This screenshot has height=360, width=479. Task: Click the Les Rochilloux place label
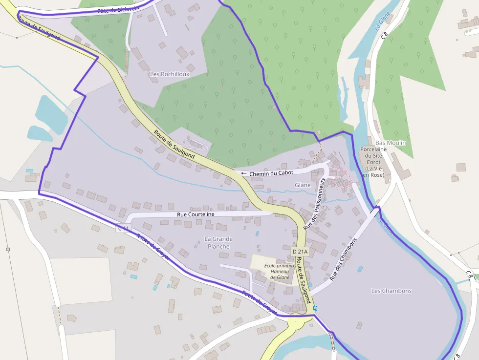coord(170,74)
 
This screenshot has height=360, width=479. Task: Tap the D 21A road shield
coord(300,252)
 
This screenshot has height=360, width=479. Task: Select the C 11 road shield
coord(124,228)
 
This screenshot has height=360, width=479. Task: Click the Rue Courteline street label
coord(196,214)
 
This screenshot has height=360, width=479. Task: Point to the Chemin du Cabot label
coord(271,173)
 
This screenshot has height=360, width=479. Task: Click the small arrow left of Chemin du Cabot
coord(243,173)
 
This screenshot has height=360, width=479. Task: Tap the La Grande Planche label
coord(218,242)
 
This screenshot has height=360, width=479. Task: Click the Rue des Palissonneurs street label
coord(314,204)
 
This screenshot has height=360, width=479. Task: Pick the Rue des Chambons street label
coord(344,259)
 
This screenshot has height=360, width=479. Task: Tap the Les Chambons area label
coord(392,291)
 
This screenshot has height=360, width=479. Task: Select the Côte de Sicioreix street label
coord(118,9)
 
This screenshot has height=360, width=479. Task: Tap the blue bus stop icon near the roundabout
coord(315,308)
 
